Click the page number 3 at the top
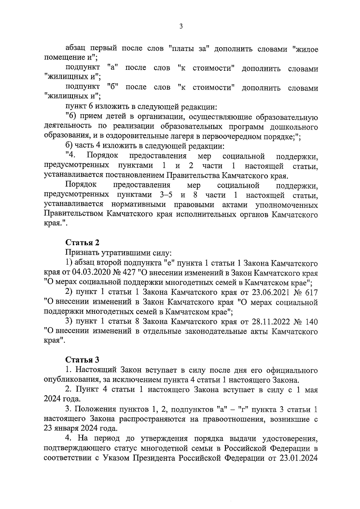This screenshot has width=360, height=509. tap(181, 26)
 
